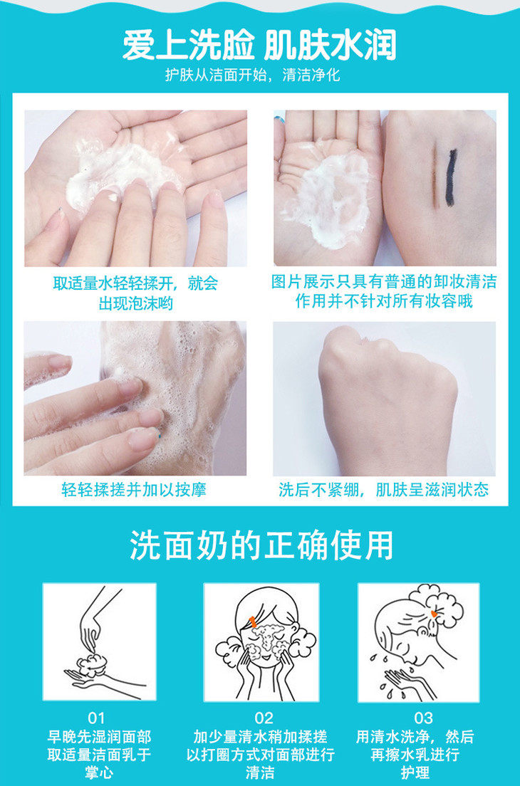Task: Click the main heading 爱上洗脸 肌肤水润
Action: click(x=259, y=45)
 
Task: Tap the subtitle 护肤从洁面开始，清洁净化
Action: click(x=253, y=75)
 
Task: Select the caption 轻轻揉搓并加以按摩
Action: click(x=134, y=489)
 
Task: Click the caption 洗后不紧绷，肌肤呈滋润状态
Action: click(x=384, y=489)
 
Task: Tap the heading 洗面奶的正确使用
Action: click(x=261, y=545)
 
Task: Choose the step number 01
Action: click(x=96, y=718)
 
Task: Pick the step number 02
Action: click(x=264, y=718)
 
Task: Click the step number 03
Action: click(x=423, y=718)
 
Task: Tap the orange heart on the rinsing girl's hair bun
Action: click(x=434, y=613)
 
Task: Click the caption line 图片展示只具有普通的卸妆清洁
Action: click(x=384, y=281)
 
